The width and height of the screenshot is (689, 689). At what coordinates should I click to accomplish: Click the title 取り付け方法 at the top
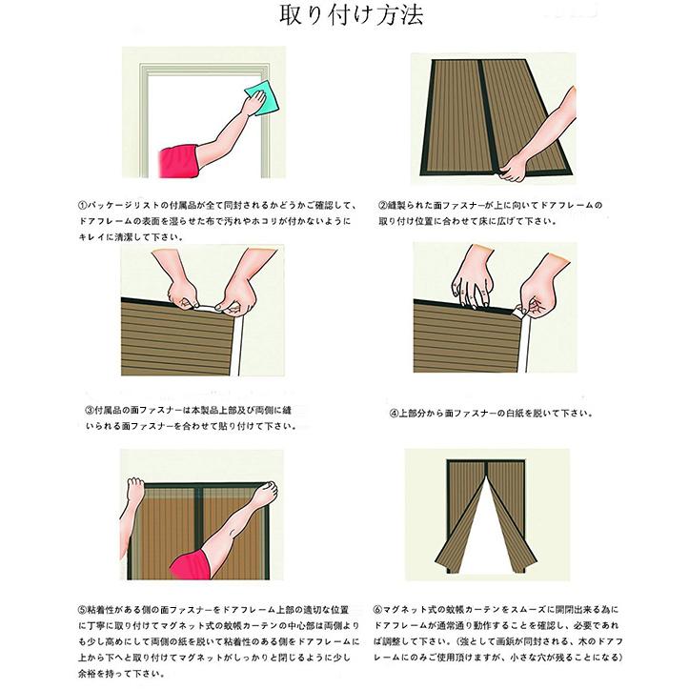coord(344,16)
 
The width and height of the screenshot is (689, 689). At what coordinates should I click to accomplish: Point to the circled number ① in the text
coord(83,205)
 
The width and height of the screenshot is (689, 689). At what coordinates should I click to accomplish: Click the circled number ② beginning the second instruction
coord(382,205)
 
